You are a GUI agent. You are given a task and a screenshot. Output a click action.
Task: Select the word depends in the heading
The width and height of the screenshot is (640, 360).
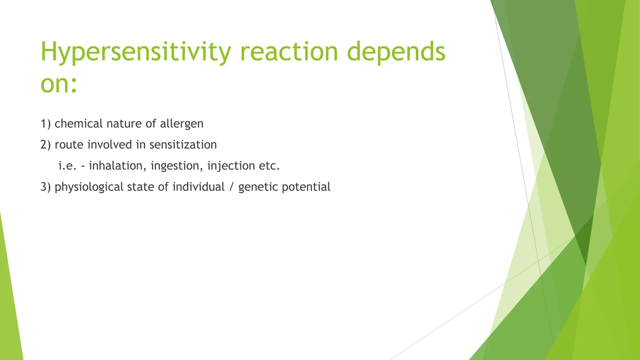pos(396,52)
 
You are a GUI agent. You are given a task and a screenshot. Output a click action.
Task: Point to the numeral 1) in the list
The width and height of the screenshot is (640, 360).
pos(46,124)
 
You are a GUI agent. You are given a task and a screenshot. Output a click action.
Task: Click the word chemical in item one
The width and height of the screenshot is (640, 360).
pos(78,124)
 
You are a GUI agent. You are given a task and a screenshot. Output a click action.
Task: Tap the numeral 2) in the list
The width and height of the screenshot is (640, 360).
pos(46,145)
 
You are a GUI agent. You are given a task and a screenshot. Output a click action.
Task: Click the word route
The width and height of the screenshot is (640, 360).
pos(69,145)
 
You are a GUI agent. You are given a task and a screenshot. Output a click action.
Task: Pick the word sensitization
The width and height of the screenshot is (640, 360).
pos(183,145)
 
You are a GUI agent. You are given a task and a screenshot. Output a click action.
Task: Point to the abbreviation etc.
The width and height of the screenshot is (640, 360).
pos(269,166)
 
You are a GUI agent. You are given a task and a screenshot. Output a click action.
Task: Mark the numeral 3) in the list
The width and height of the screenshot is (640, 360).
pos(46,187)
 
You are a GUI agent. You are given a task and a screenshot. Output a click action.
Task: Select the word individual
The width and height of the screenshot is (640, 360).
pos(198,187)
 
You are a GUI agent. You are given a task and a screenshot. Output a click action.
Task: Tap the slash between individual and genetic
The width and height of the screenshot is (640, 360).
pos(231,187)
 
